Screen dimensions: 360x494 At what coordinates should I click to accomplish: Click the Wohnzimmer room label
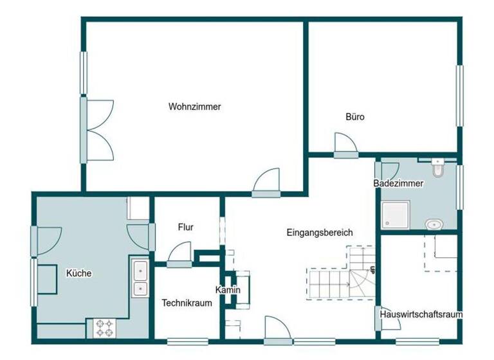195,107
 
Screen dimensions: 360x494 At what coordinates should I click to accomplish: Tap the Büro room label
355,117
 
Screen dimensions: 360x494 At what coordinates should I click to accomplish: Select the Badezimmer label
398,183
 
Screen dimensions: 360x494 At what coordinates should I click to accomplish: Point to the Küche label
79,273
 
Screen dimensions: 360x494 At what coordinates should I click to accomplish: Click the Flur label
186,227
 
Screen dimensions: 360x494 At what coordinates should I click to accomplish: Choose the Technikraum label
187,303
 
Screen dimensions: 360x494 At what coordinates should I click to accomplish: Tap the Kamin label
228,290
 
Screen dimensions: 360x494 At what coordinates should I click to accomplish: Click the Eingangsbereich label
320,233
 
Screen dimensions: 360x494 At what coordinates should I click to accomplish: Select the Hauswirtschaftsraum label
421,315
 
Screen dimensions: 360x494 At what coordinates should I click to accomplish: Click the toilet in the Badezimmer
438,168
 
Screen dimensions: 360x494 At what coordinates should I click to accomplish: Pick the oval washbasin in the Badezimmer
435,224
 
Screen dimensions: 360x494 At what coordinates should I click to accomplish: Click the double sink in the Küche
140,278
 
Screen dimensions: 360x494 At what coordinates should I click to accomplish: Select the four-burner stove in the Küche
105,328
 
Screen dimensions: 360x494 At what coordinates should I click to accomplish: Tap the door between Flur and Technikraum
180,255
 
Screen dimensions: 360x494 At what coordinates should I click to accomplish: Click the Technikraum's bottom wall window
187,341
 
